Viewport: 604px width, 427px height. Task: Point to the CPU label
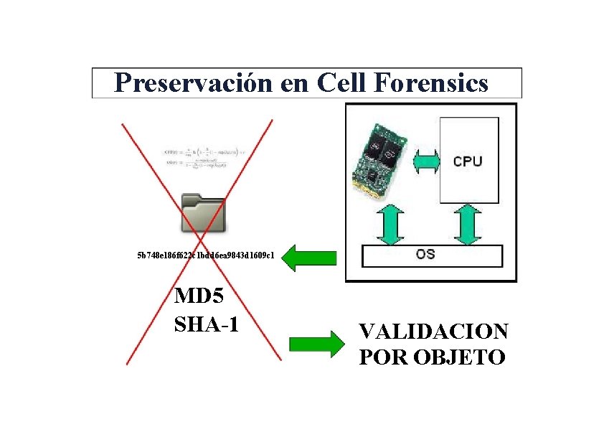tap(468, 161)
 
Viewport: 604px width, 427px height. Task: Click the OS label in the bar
tap(425, 255)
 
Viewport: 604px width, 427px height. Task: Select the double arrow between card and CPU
tap(425, 161)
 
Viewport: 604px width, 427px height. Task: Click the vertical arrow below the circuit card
tap(390, 224)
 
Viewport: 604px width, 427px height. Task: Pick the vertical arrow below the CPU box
tap(468, 224)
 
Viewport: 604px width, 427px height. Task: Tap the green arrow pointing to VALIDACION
tap(316, 344)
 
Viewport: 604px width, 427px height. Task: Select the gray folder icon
tap(204, 212)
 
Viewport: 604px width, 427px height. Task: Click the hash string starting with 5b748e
tap(206, 255)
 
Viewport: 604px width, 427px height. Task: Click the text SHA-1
tap(207, 324)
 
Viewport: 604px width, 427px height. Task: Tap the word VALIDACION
tap(433, 332)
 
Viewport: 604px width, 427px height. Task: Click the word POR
tap(379, 357)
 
